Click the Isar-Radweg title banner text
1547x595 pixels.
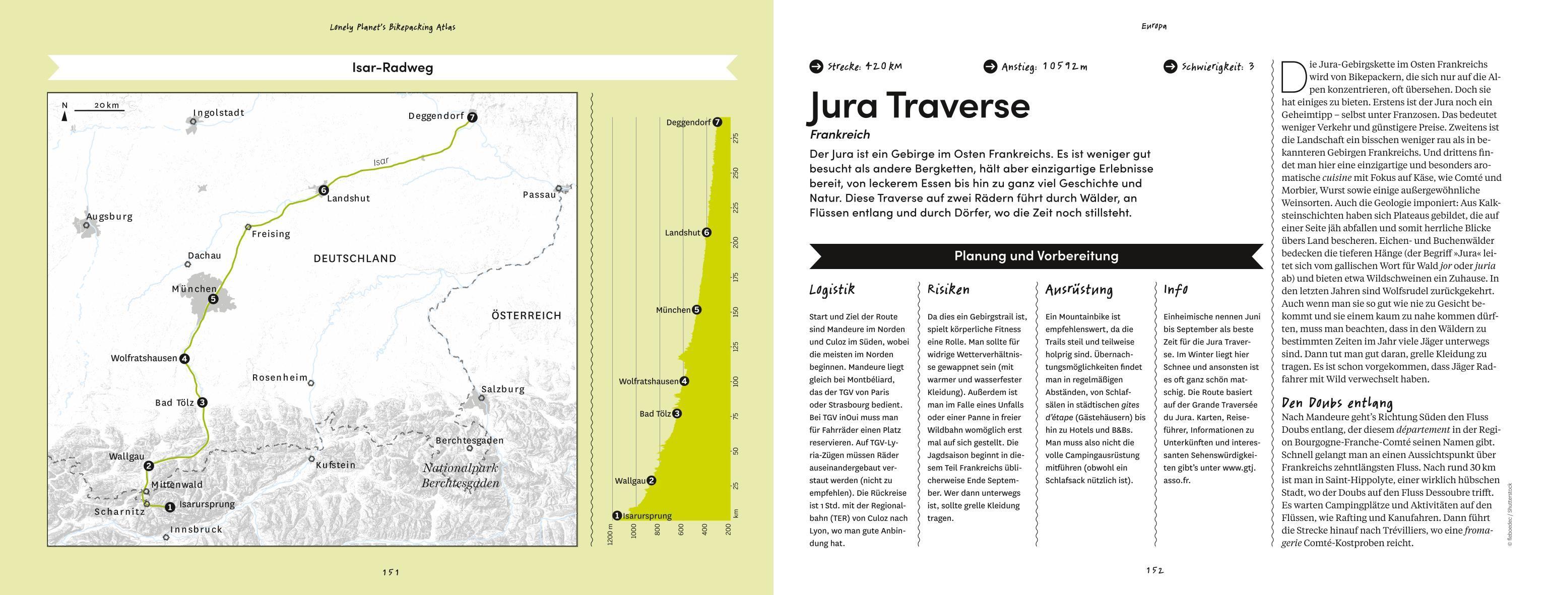pyautogui.click(x=392, y=67)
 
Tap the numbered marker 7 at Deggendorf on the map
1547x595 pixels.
pyautogui.click(x=472, y=117)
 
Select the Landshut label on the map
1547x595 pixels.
pyautogui.click(x=348, y=199)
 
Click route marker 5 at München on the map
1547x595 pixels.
pyautogui.click(x=212, y=299)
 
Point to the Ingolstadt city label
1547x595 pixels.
pyautogui.click(x=218, y=113)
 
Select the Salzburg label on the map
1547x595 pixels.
pyautogui.click(x=503, y=389)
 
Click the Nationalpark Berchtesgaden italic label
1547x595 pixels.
pyautogui.click(x=460, y=476)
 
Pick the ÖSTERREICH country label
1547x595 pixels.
pyautogui.click(x=526, y=315)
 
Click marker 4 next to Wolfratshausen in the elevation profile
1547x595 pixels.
pyautogui.click(x=684, y=381)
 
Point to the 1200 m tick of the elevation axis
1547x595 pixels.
pyautogui.click(x=610, y=533)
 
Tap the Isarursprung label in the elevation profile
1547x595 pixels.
pyautogui.click(x=647, y=516)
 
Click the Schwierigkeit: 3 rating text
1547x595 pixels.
pyautogui.click(x=1217, y=67)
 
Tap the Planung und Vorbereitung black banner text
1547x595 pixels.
pyautogui.click(x=1036, y=256)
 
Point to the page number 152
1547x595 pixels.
pyautogui.click(x=1154, y=570)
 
